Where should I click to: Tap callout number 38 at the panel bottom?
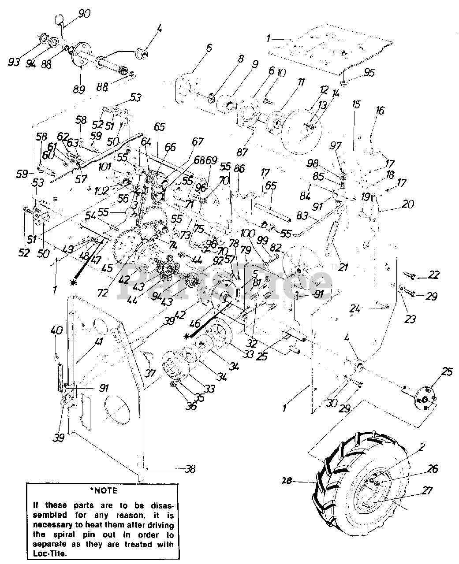tap(190, 469)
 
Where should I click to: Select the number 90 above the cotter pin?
tap(83, 14)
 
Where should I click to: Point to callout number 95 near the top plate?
tap(369, 72)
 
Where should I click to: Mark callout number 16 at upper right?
tap(380, 110)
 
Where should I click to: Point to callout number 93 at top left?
tap(14, 62)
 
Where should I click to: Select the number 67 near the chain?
tap(198, 141)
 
